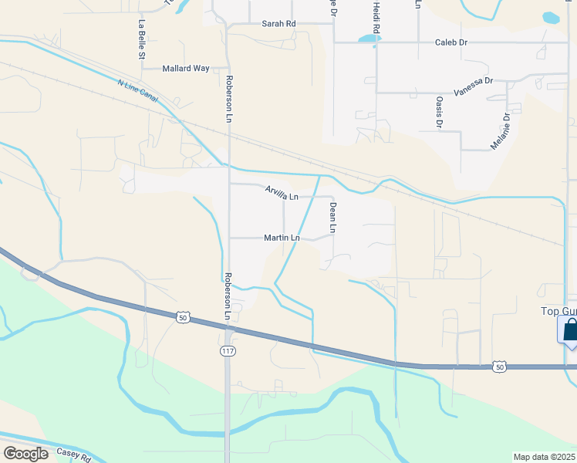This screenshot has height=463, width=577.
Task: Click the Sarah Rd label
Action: click(279, 24)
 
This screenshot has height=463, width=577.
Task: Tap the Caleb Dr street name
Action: click(451, 42)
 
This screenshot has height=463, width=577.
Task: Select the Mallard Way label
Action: click(186, 69)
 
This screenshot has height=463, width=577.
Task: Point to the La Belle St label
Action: click(142, 39)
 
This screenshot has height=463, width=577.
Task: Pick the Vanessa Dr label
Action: click(473, 87)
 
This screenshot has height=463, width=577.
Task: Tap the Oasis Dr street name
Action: click(439, 113)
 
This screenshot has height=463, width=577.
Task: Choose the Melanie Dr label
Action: click(500, 132)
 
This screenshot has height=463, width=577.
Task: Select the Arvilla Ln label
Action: click(282, 191)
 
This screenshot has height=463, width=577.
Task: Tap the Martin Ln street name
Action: click(282, 238)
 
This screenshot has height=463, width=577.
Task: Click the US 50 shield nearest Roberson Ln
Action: click(182, 317)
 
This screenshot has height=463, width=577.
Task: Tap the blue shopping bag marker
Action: click(571, 330)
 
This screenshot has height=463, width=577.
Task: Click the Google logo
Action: click(25, 453)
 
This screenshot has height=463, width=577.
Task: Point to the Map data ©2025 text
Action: click(545, 457)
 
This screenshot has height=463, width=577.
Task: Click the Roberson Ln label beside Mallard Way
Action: click(229, 98)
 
